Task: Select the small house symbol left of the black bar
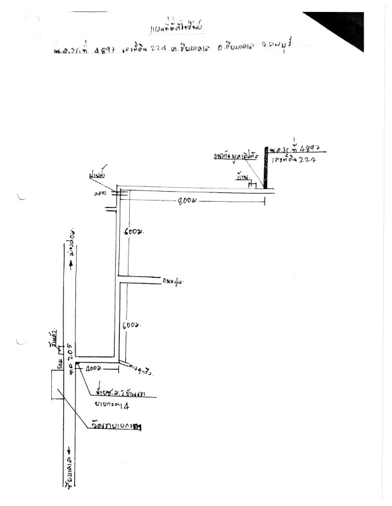point(251,184)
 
